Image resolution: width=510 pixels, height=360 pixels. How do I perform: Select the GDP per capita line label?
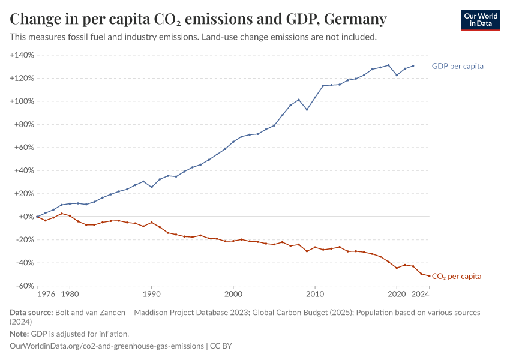point(457,66)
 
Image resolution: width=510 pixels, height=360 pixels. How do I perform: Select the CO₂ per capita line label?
point(457,277)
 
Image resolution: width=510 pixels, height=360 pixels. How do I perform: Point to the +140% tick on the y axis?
point(22,55)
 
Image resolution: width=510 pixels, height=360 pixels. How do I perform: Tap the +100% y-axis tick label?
point(22,101)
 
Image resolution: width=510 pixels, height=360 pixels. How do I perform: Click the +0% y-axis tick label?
point(26,217)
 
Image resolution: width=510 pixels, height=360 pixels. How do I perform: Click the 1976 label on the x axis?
point(46,294)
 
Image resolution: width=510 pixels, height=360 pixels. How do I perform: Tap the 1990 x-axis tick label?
point(151,294)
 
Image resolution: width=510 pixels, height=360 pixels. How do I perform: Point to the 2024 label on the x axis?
point(421,294)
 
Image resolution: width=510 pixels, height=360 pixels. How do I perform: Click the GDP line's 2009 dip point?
point(307,109)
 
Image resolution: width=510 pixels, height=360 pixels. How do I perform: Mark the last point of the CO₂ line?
point(429,276)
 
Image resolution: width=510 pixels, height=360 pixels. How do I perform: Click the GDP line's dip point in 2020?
point(397,75)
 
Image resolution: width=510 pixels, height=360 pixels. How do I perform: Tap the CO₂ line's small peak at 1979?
point(61,214)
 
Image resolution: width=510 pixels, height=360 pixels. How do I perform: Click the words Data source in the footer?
point(31,313)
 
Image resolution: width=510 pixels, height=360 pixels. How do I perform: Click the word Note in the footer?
point(19,334)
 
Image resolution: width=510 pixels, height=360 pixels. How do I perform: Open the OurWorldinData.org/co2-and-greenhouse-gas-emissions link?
point(107,346)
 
